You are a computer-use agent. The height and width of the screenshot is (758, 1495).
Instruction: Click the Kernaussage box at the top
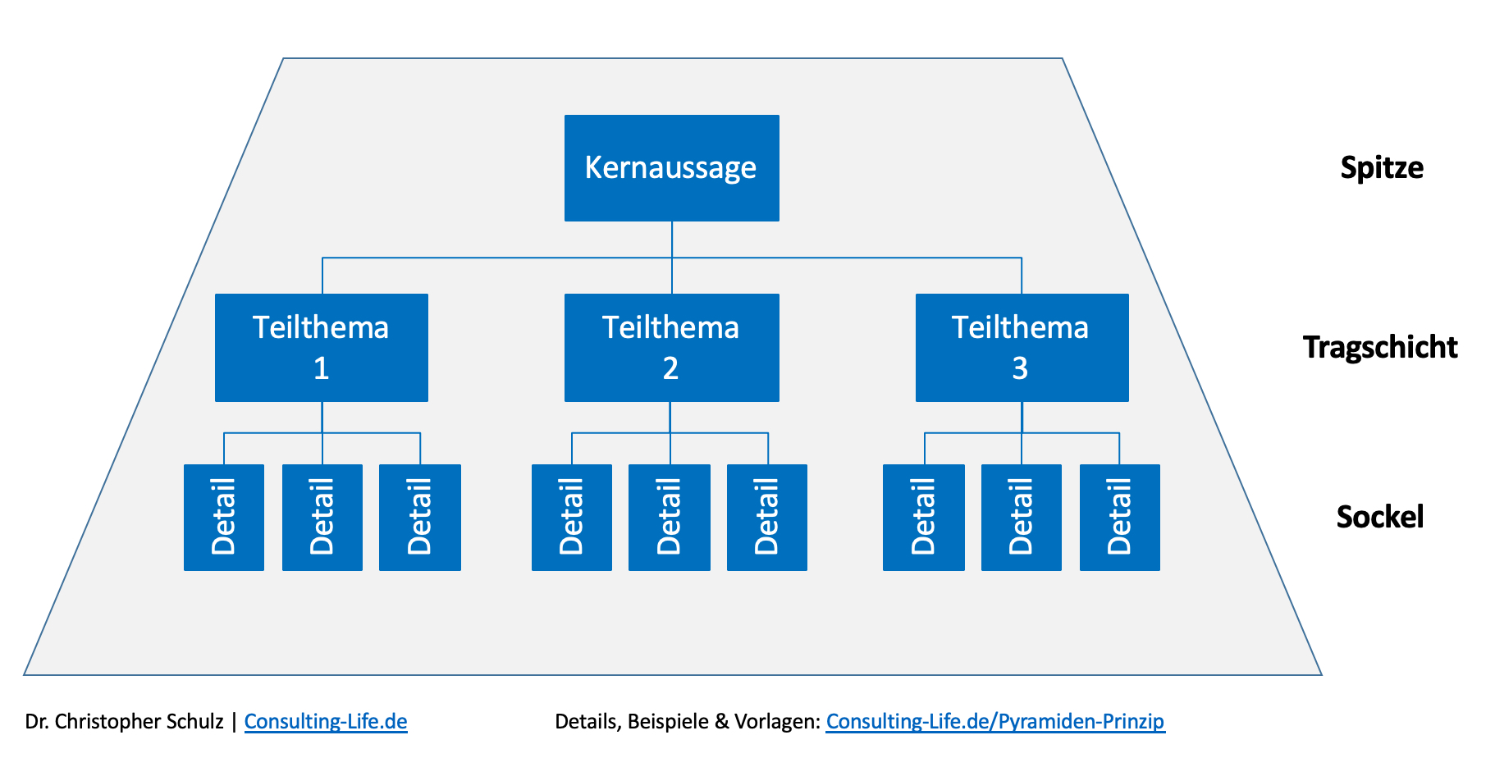click(x=671, y=168)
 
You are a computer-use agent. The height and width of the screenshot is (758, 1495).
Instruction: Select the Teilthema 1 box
click(x=322, y=348)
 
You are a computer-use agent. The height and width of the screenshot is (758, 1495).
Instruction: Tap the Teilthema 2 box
click(x=671, y=348)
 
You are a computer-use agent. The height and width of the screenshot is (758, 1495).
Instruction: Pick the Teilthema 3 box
click(x=1022, y=348)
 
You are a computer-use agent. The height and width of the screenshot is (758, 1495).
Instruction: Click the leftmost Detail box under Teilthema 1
click(x=224, y=518)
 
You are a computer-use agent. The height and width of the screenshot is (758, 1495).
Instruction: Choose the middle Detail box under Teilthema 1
click(x=322, y=518)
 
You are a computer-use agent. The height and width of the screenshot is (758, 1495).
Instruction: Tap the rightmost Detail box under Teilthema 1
click(x=420, y=518)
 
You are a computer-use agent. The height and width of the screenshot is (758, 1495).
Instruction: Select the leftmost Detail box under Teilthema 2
click(x=572, y=518)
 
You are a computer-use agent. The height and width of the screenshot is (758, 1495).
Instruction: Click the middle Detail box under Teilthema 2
click(x=670, y=518)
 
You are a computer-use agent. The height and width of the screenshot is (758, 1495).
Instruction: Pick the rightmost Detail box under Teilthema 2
click(x=767, y=518)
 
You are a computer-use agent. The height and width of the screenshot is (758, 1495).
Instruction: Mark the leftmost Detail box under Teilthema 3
click(x=924, y=518)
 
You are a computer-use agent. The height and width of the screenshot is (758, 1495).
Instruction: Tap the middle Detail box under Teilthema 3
click(x=1022, y=518)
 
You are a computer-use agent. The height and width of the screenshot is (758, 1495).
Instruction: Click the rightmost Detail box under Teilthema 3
click(x=1120, y=518)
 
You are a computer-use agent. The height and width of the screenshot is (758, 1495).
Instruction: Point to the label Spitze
click(x=1382, y=168)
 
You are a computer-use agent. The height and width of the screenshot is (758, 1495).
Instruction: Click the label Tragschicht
click(x=1380, y=348)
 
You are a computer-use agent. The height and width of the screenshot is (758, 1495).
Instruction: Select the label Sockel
click(x=1380, y=518)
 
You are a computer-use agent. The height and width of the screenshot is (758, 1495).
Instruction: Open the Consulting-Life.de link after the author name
click(x=326, y=722)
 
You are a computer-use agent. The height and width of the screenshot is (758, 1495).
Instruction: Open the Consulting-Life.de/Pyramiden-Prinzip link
click(x=995, y=722)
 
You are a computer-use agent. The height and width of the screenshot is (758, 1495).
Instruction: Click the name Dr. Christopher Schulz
click(x=124, y=722)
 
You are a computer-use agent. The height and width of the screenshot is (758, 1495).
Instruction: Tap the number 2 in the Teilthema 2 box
click(x=670, y=369)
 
